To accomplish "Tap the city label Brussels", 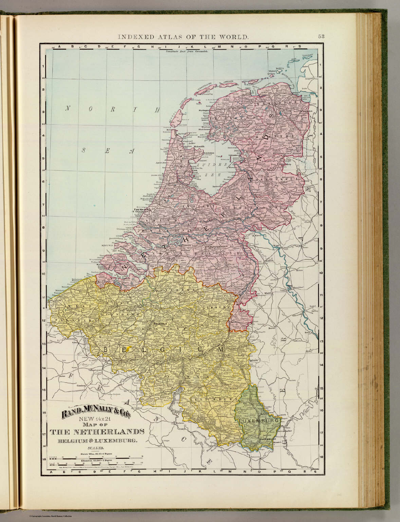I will click(160, 324).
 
